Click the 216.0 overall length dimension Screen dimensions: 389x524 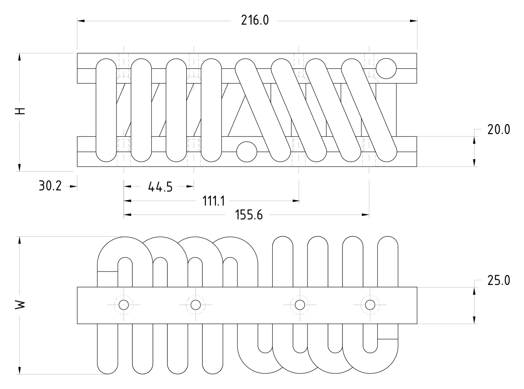pyautogui.click(x=255, y=20)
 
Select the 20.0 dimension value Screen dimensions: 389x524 pyautogui.click(x=499, y=129)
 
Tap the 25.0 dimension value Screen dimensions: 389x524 pyautogui.click(x=499, y=281)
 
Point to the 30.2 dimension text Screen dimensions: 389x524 pyautogui.click(x=50, y=186)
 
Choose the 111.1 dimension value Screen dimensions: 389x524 pyautogui.click(x=213, y=201)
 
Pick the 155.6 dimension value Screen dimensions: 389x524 pyautogui.click(x=249, y=215)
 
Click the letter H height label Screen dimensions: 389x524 pyautogui.click(x=20, y=111)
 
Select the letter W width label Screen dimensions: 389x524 pyautogui.click(x=20, y=304)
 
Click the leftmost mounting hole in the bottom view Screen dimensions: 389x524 pyautogui.click(x=124, y=305)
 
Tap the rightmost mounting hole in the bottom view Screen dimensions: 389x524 pyautogui.click(x=370, y=305)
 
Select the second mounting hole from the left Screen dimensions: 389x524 pyautogui.click(x=196, y=305)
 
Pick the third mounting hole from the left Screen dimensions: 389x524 pyautogui.click(x=300, y=305)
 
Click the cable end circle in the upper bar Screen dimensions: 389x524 pyautogui.click(x=386, y=68)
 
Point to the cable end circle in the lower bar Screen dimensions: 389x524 pyautogui.click(x=247, y=152)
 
